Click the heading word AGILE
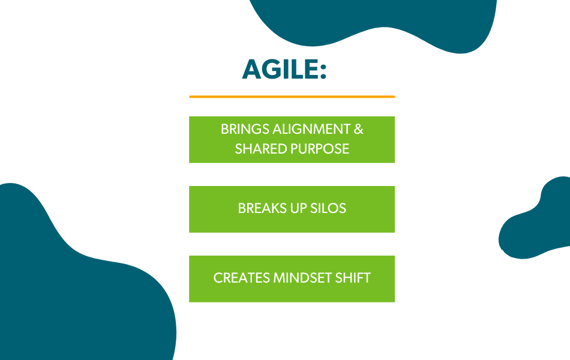[281, 69]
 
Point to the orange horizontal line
[292, 97]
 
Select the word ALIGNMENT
[311, 129]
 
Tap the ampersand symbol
[358, 129]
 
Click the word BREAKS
[262, 208]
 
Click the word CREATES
[241, 278]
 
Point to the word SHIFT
[353, 278]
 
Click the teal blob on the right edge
[538, 222]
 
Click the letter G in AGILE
[270, 69]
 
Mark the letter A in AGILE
[251, 69]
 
